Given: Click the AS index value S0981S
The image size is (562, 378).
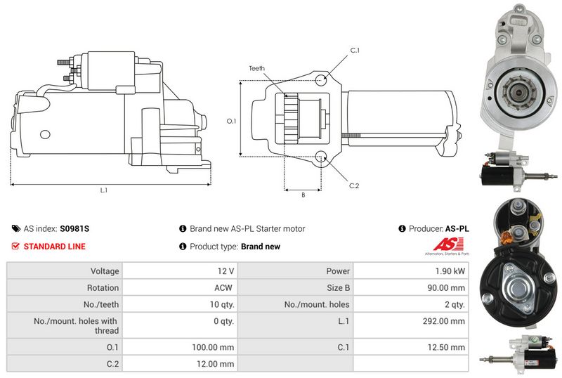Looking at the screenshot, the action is click(x=74, y=229).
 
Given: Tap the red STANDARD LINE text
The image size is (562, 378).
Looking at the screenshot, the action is click(x=55, y=247).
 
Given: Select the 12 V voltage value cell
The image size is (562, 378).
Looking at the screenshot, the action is click(x=226, y=271).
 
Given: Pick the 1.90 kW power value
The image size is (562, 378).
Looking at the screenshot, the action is click(x=450, y=271).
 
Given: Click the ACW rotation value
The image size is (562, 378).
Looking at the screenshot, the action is click(x=223, y=287).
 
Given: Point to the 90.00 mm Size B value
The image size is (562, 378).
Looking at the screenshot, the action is click(x=446, y=287).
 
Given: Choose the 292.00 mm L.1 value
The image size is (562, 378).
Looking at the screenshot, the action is click(x=444, y=321).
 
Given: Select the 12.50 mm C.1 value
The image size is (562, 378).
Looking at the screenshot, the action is click(x=446, y=347).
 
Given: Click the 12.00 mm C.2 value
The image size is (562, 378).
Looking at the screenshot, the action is click(x=215, y=364).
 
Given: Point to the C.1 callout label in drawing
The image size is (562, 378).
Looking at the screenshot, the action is click(x=355, y=51).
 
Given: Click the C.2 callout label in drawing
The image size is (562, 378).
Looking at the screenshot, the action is click(x=354, y=185).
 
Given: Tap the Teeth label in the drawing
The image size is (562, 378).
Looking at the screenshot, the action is click(x=257, y=68).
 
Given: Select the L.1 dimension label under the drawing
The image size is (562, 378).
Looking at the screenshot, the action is click(x=104, y=190).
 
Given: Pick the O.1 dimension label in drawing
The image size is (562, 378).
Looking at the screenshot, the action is click(x=232, y=122).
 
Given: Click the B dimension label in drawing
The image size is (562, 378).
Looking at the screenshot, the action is click(x=303, y=195).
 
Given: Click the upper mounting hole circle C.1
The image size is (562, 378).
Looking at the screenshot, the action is click(x=321, y=79).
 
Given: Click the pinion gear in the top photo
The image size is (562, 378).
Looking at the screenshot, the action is click(x=518, y=93).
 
